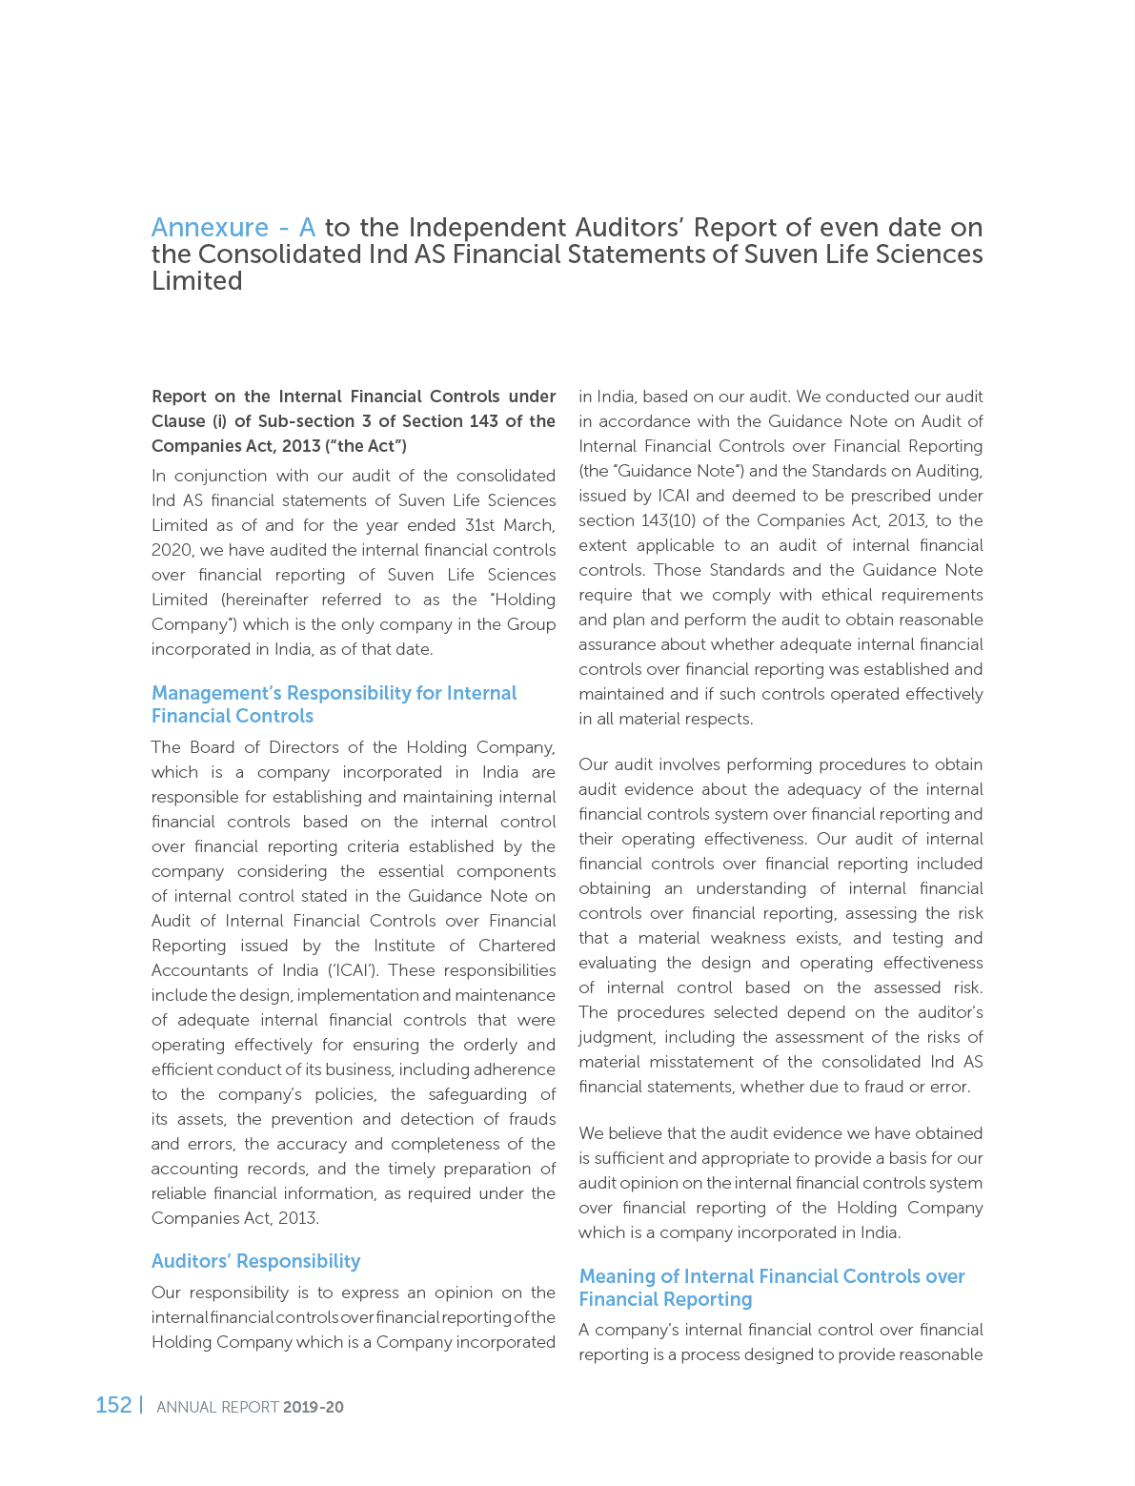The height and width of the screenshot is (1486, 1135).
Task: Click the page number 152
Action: [113, 1405]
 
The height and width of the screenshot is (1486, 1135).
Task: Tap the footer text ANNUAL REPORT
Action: [217, 1407]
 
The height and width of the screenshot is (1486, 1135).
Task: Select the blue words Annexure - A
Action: [233, 228]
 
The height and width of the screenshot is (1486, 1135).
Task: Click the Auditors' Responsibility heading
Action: [255, 1261]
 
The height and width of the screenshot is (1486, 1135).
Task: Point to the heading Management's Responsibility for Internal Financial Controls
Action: [334, 704]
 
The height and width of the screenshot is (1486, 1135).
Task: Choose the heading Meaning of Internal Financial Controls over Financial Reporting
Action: [772, 1288]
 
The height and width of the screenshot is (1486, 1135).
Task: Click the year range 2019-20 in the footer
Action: [314, 1407]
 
